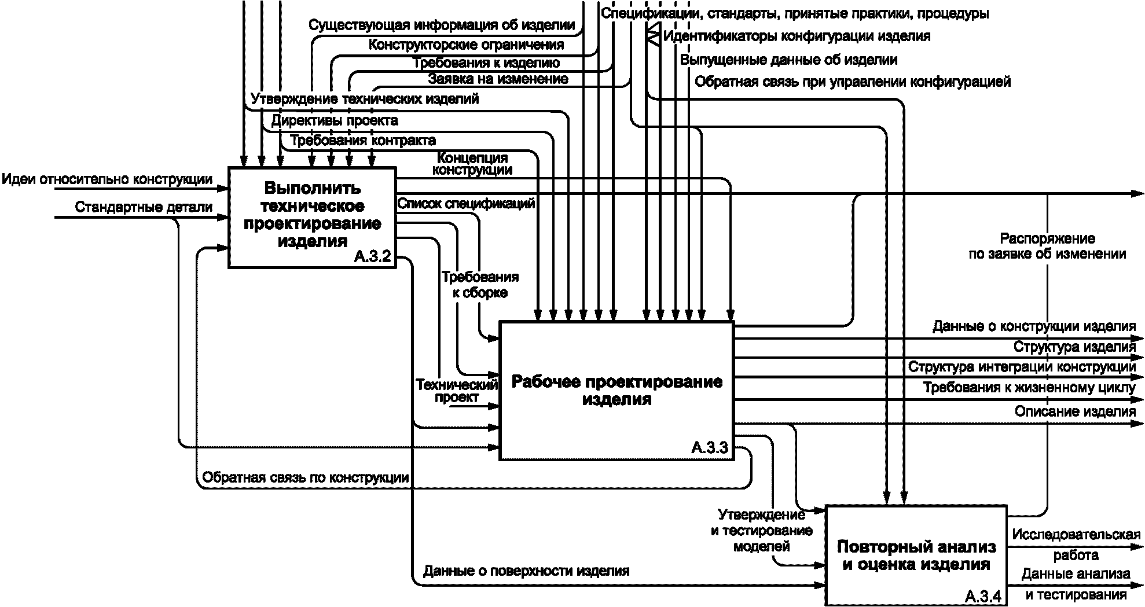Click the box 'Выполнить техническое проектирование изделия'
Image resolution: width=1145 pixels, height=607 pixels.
[312, 218]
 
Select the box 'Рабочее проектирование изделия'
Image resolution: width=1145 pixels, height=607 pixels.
[616, 391]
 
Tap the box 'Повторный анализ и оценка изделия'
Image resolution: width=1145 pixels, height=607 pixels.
[916, 556]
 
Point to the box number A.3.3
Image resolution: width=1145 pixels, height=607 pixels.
[710, 447]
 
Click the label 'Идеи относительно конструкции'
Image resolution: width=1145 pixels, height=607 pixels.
[107, 179]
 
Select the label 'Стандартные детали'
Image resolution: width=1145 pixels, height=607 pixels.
[144, 207]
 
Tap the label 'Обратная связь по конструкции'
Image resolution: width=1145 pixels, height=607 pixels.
[306, 478]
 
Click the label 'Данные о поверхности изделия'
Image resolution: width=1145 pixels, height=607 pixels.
[526, 571]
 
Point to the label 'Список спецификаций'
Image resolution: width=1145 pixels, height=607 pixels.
[466, 203]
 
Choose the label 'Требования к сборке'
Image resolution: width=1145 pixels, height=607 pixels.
[480, 285]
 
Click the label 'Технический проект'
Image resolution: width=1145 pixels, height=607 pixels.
[457, 391]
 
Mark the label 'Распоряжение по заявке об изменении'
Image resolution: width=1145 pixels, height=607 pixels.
[1048, 246]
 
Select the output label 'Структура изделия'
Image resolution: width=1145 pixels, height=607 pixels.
[1074, 347]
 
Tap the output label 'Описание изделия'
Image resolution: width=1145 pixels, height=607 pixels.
[1075, 411]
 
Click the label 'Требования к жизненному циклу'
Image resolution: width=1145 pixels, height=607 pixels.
[1029, 387]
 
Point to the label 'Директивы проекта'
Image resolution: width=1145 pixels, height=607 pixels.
[335, 120]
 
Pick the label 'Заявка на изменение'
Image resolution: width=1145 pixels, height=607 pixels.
[498, 78]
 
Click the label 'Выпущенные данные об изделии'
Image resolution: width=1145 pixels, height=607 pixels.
[789, 60]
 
